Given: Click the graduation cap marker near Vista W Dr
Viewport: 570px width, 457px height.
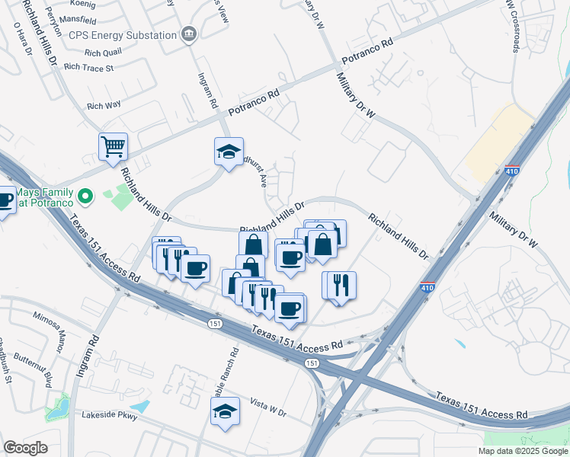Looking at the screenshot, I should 224,413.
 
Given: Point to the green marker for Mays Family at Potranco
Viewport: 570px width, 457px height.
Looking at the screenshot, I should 86,197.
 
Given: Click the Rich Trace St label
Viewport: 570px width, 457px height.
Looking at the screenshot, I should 89,68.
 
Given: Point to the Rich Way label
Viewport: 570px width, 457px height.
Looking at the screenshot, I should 104,107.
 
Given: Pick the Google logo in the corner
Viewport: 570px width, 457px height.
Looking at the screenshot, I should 25,448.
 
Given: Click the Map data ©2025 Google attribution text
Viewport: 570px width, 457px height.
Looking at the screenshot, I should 523,451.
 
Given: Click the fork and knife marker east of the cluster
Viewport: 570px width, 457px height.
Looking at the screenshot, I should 339,285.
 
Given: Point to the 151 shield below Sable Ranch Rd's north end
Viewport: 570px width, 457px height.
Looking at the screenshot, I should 217,324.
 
